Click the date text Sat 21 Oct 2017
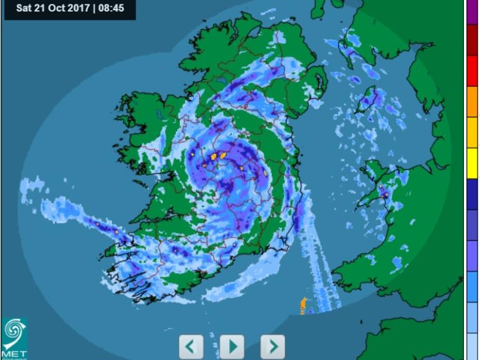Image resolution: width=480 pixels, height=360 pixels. [x=53, y=9]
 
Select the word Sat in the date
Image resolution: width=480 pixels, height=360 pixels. [x=24, y=9]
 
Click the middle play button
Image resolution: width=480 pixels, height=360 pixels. [x=232, y=347]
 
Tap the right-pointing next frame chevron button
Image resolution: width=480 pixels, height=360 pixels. [x=273, y=347]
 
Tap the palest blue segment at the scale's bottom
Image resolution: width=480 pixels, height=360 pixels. [x=472, y=345]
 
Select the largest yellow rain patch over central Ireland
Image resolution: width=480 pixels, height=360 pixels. [x=223, y=154]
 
